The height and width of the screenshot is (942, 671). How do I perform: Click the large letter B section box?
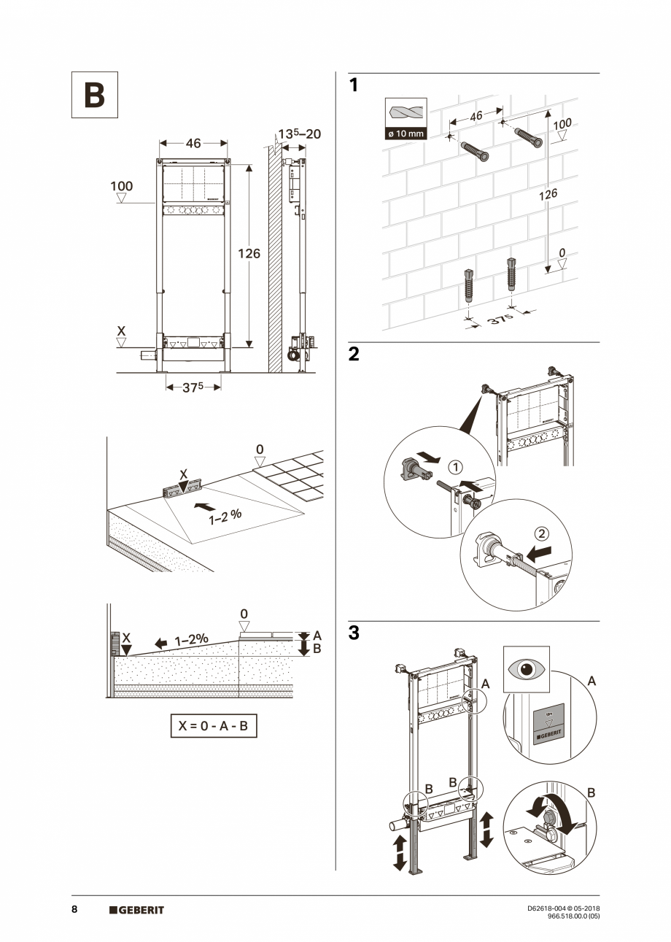click(x=94, y=95)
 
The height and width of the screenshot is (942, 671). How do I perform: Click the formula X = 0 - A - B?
click(x=214, y=726)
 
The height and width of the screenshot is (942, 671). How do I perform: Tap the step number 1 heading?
click(x=354, y=86)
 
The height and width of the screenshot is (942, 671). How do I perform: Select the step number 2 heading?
click(x=354, y=355)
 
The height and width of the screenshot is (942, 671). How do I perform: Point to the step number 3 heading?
click(x=354, y=633)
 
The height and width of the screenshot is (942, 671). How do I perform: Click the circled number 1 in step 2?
click(x=453, y=466)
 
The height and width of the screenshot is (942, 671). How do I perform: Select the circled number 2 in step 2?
click(x=541, y=532)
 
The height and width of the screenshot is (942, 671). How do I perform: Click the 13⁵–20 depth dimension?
click(x=299, y=134)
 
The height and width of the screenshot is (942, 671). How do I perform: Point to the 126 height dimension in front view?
click(x=249, y=254)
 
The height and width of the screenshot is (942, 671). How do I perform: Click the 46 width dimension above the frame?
click(x=193, y=144)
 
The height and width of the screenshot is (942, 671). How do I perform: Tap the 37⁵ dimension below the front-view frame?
click(x=193, y=388)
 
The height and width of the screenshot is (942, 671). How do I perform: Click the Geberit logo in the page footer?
click(x=136, y=910)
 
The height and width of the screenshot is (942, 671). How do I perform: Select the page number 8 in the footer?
click(x=74, y=910)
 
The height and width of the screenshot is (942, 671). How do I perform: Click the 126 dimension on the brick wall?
click(x=547, y=194)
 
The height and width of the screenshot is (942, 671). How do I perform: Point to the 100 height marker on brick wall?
click(x=562, y=124)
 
